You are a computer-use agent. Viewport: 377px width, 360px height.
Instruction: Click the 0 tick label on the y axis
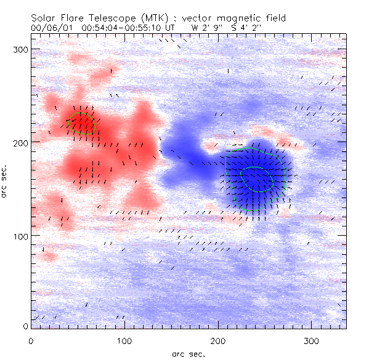point(25,326)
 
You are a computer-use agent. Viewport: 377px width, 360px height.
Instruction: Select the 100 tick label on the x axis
point(125,340)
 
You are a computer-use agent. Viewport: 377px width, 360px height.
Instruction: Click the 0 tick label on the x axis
point(31,340)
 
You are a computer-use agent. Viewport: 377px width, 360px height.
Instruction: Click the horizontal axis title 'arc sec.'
point(188,354)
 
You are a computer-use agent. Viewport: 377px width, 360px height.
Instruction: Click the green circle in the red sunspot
point(82,122)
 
